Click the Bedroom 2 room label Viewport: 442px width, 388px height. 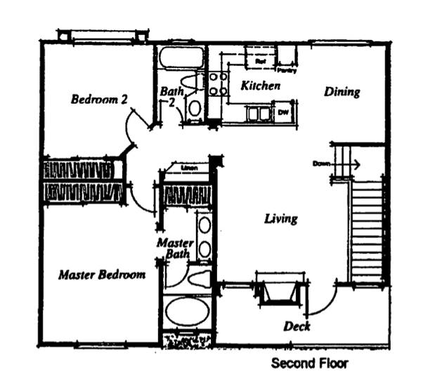pyautogui.click(x=99, y=99)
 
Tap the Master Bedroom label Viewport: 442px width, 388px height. pyautogui.click(x=102, y=274)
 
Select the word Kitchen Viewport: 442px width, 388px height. pyautogui.click(x=261, y=86)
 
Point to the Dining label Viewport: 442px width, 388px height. pyautogui.click(x=342, y=92)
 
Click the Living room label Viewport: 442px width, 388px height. pyautogui.click(x=280, y=219)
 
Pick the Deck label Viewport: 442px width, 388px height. pyautogui.click(x=297, y=326)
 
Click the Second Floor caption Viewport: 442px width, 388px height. pyautogui.click(x=309, y=364)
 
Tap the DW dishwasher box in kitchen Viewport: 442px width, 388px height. pyautogui.click(x=283, y=112)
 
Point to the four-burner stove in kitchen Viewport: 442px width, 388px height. pyautogui.click(x=218, y=84)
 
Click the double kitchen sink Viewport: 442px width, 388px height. pyautogui.click(x=256, y=113)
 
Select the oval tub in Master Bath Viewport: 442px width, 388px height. pyautogui.click(x=186, y=311)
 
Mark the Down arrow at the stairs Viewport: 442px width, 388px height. pyautogui.click(x=351, y=166)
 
